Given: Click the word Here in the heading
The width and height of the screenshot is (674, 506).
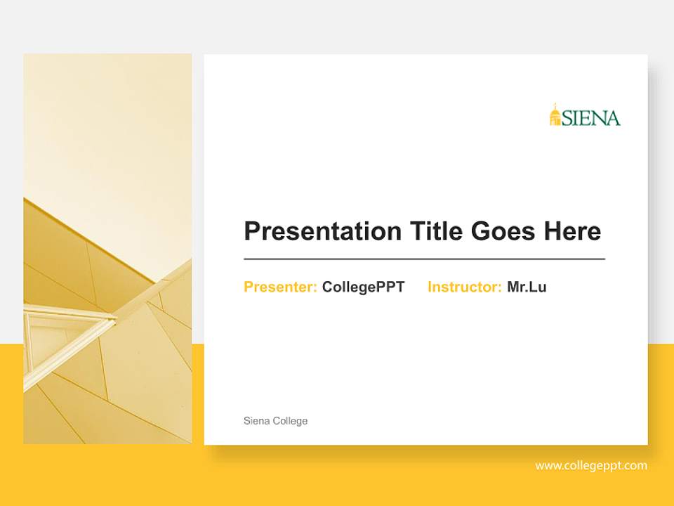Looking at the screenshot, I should (572, 231).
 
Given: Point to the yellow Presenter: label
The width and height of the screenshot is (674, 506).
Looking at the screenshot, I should (280, 287).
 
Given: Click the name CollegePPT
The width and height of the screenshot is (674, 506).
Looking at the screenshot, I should (363, 287).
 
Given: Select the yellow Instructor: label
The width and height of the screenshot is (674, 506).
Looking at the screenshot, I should (464, 287).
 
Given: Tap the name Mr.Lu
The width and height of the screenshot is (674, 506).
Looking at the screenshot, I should (527, 287).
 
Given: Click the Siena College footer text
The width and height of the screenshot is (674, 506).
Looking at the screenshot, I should (275, 421).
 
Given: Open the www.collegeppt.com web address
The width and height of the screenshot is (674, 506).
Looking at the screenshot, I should (591, 465).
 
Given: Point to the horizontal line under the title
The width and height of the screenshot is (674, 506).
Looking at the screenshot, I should (424, 259).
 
